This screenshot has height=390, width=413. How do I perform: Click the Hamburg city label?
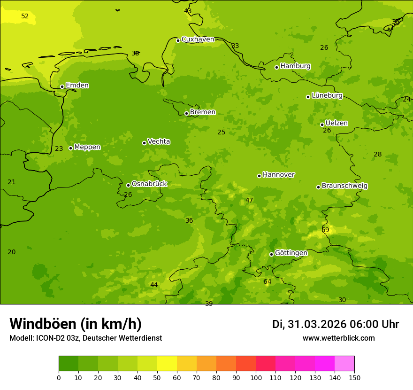[295, 66]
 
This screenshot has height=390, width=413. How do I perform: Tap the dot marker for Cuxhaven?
[178, 40]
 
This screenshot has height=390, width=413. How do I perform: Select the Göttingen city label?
[291, 253]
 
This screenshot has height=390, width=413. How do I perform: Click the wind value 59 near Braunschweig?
[325, 230]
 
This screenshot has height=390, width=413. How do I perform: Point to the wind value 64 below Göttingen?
[267, 282]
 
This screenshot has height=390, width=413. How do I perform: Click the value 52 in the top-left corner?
[25, 16]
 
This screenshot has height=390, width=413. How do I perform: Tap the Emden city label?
[77, 86]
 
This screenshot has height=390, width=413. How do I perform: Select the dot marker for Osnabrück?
[128, 185]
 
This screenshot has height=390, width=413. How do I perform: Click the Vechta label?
[159, 141]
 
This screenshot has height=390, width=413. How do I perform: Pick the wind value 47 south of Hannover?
[249, 201]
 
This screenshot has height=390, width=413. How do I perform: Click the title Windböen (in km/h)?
[76, 324]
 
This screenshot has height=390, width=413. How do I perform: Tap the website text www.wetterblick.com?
[338, 338]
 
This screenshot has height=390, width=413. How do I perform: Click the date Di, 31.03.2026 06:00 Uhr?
[335, 324]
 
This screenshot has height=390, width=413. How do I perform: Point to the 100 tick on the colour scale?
[256, 377]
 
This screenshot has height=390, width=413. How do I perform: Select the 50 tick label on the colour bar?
[157, 377]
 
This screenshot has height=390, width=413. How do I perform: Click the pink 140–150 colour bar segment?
[344, 364]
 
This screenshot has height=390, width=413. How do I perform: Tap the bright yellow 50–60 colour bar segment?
[167, 364]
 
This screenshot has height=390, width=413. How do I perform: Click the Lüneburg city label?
[327, 95]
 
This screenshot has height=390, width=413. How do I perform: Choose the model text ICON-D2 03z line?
[85, 338]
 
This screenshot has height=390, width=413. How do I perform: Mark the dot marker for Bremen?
[186, 113]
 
